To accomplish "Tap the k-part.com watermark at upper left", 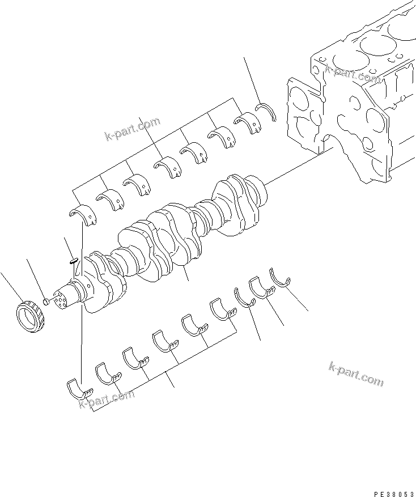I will click(132, 129).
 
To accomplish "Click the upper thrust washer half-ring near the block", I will click(266, 111).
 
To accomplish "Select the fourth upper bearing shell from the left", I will click(165, 166).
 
